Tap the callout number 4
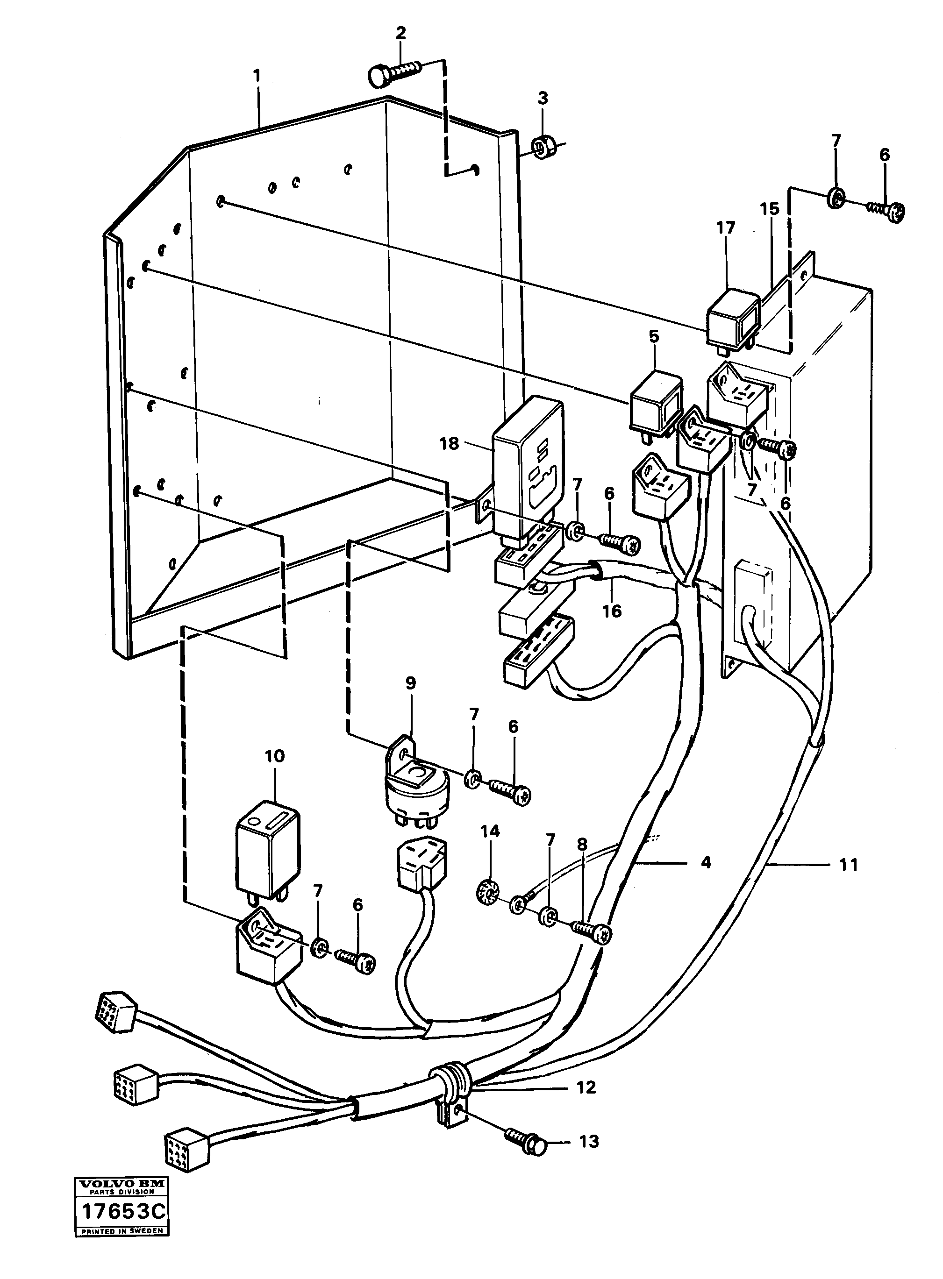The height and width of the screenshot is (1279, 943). (706, 863)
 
